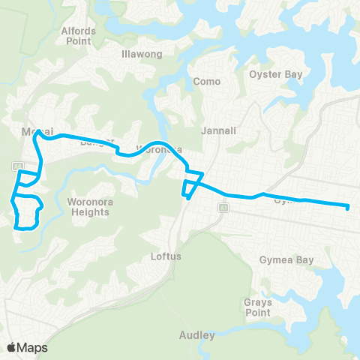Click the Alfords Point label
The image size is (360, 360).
(79, 35)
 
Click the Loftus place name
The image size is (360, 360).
(166, 256)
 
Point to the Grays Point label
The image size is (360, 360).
(257, 307)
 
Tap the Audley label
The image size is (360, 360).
(197, 335)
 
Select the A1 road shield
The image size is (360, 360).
(222, 205)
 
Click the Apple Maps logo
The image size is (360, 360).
(28, 347)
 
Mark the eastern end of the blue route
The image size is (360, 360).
(349, 208)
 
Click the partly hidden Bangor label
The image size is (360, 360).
(96, 141)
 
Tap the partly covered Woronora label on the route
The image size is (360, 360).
(159, 149)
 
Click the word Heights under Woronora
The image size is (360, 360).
(88, 212)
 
